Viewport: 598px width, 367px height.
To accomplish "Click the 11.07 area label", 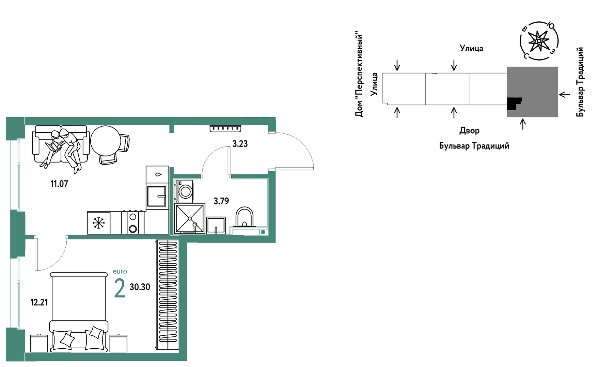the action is pos(59,184).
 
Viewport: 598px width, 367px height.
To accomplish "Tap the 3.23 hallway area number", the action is pos(240,144).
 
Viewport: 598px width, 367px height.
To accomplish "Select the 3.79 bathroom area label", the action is pos(221,201).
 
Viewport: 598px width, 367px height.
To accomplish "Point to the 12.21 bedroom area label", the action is pos(39,302).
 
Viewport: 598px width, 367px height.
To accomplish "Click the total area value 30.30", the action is pos(140,287).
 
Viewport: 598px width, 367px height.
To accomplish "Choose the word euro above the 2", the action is pos(120,271).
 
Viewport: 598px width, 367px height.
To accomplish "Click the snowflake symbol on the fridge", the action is pos(99,223).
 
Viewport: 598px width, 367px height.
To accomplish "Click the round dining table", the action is pos(106,141).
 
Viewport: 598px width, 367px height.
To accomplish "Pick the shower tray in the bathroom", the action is pos(190,218).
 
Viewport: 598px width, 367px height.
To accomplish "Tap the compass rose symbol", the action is pos(539,41).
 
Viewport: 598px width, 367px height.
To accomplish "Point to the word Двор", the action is pos(469,131).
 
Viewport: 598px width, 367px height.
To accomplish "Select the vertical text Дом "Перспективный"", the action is pos(359,75).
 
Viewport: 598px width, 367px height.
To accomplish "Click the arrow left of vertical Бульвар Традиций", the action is pos(564,94).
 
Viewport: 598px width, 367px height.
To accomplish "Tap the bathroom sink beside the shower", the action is pos(216,225).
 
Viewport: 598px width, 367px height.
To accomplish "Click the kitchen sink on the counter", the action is pos(157,196).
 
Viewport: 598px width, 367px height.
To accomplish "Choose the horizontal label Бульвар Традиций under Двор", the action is pos(474,146).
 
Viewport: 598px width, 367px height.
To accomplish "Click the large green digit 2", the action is pos(120,288).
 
